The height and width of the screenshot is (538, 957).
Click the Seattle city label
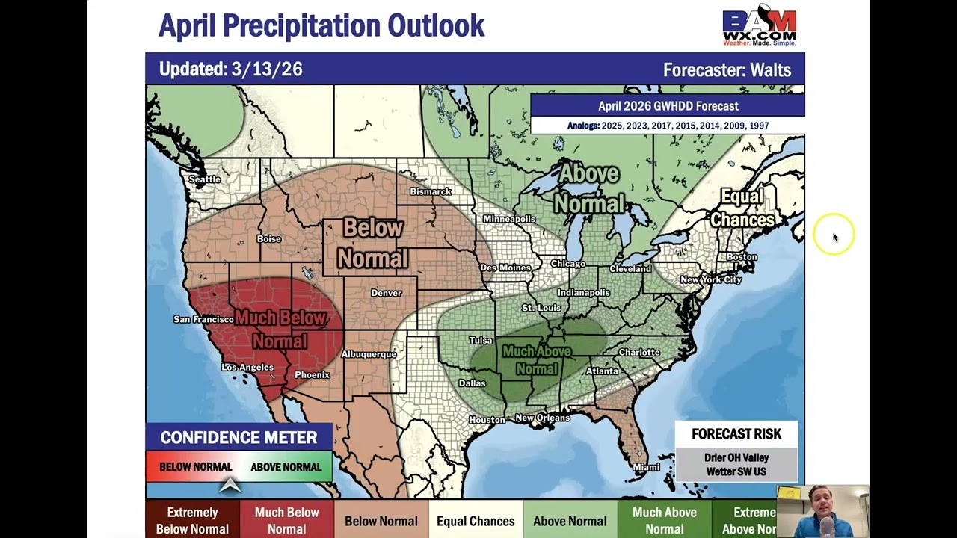tap(205, 179)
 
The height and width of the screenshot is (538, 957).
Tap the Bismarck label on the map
tap(431, 192)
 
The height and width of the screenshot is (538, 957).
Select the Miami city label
tap(646, 468)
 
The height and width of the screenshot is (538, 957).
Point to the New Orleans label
tap(543, 418)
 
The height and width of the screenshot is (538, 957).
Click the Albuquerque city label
tap(369, 354)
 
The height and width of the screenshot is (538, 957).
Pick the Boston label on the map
tap(742, 257)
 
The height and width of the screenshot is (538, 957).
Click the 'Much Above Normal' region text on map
tap(536, 359)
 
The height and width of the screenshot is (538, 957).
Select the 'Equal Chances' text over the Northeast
tap(742, 208)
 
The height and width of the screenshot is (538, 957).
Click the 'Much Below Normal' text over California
tap(280, 330)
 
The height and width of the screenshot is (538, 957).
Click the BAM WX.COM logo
tap(759, 25)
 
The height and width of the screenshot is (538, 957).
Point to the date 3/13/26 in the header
tap(267, 69)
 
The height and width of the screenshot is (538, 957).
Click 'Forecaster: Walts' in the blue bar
tap(727, 70)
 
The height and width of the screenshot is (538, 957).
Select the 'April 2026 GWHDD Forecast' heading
tap(668, 106)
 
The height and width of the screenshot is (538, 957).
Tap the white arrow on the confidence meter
tap(230, 486)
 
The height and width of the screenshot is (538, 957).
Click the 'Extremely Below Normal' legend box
tap(192, 520)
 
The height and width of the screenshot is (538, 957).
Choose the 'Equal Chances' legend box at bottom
tap(476, 521)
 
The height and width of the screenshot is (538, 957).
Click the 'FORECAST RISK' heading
tap(736, 434)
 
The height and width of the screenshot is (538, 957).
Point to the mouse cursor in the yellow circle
tap(834, 237)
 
